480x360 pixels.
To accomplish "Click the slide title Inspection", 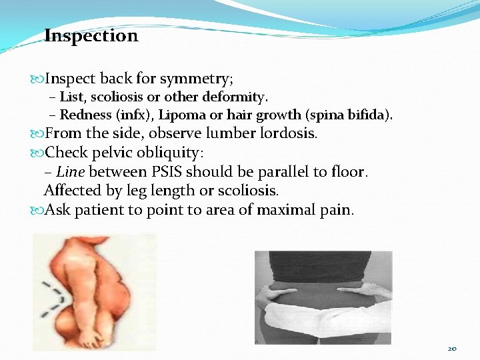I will click(x=91, y=36).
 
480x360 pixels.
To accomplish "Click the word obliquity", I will click(x=173, y=153).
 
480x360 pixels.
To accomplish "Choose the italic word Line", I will click(x=70, y=172).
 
